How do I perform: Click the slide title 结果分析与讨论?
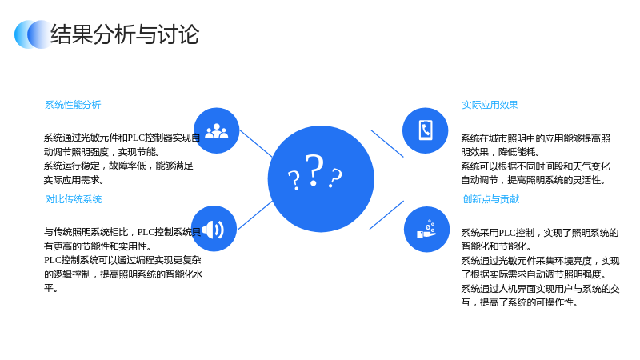[125, 34]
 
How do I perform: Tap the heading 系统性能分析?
[73, 105]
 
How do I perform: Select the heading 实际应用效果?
[490, 105]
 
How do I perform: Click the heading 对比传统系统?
[74, 199]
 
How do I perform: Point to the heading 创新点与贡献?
[490, 199]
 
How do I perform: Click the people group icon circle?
[216, 130]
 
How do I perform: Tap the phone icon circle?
[426, 130]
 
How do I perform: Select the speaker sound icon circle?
[214, 229]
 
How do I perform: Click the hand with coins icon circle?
[426, 230]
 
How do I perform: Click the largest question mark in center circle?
[314, 170]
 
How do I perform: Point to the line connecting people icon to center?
[256, 143]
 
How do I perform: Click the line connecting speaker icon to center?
[255, 215]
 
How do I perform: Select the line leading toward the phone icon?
[387, 143]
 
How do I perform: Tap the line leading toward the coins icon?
[386, 215]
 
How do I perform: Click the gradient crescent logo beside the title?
[33, 34]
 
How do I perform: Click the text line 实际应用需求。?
[74, 179]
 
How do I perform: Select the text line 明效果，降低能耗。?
[501, 152]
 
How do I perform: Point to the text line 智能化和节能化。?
[496, 246]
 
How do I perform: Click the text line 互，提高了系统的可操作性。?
[519, 302]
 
